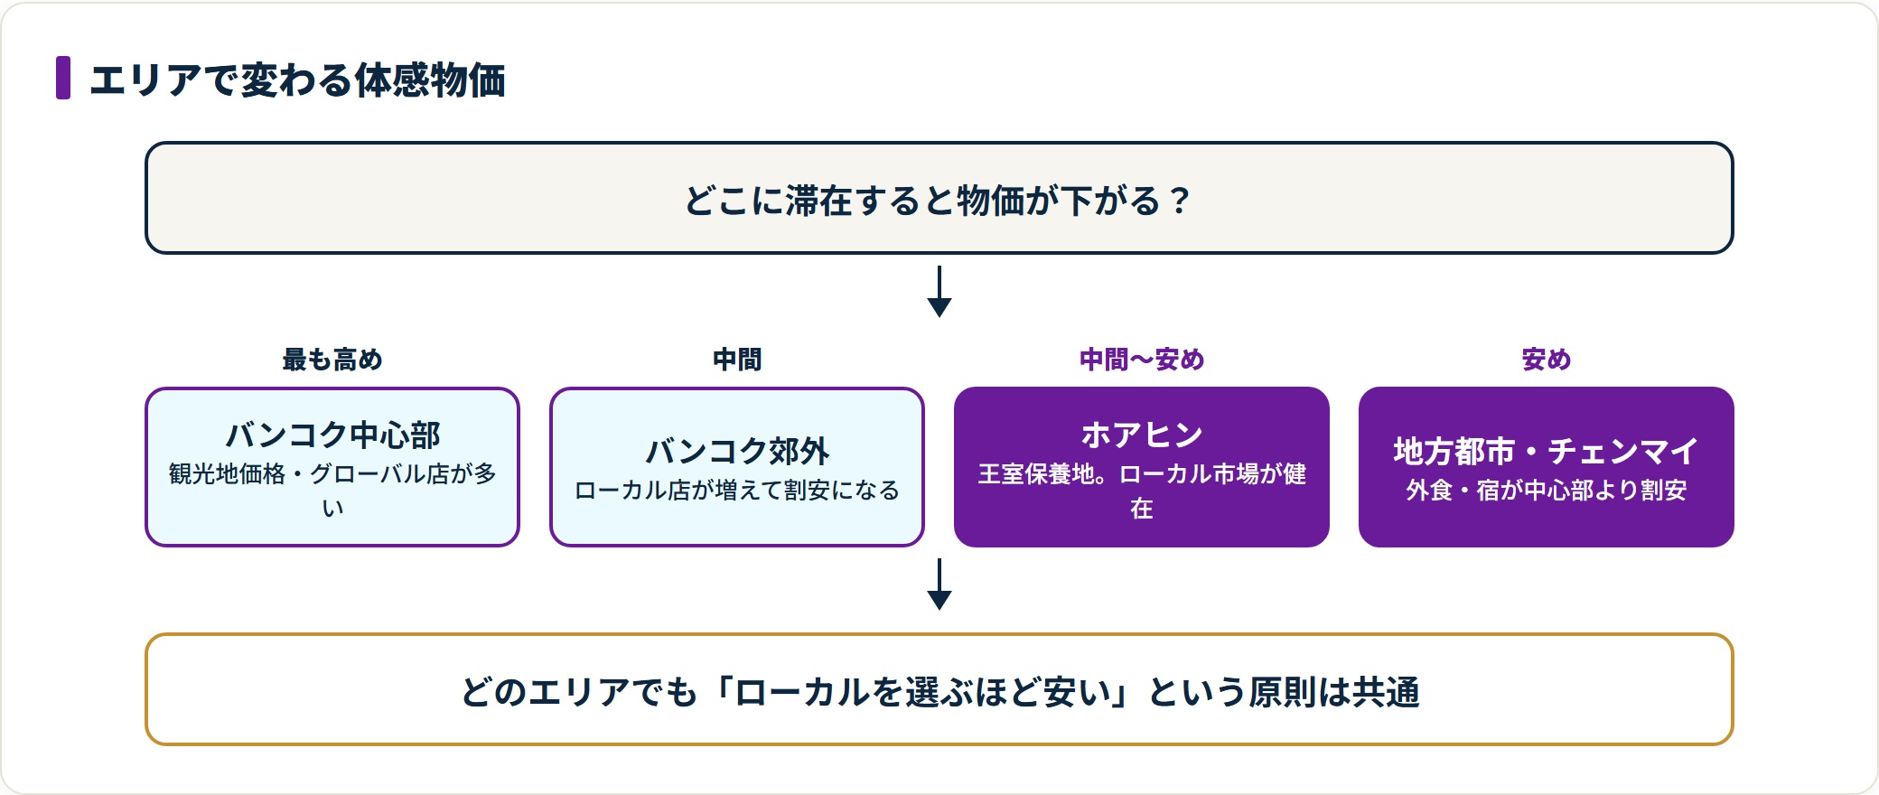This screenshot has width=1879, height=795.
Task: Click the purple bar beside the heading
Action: click(63, 78)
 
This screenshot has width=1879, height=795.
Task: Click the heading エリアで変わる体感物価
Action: click(297, 79)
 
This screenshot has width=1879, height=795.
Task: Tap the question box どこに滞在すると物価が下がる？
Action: click(939, 198)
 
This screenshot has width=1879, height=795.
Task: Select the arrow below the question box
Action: click(939, 291)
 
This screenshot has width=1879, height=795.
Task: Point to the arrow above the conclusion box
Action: click(939, 584)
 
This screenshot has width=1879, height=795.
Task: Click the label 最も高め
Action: click(332, 360)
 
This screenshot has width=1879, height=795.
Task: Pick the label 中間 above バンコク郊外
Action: click(737, 360)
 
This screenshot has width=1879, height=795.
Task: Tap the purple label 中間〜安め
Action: click(1142, 360)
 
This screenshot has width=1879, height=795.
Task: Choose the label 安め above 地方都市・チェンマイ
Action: click(1547, 360)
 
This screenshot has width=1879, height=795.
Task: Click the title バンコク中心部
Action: click(332, 435)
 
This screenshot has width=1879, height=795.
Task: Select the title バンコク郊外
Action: click(737, 451)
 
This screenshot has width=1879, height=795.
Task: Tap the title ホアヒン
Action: click(1142, 435)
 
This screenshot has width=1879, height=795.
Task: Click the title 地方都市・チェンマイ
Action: click(1547, 451)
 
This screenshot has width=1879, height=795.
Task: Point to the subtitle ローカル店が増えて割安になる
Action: click(737, 491)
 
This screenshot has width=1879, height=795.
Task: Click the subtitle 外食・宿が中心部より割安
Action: click(1547, 491)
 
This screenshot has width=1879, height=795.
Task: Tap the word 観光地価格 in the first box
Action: click(228, 474)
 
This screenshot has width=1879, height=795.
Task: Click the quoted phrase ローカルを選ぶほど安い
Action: click(922, 692)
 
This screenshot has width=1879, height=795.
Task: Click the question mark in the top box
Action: click(1179, 201)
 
